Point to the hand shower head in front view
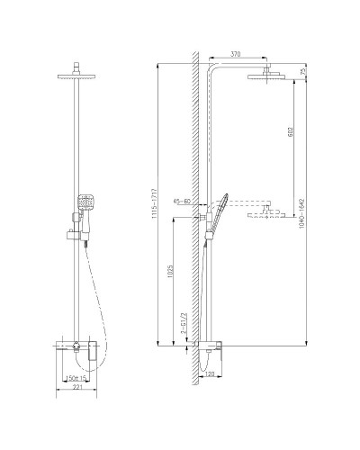click(85, 204)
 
